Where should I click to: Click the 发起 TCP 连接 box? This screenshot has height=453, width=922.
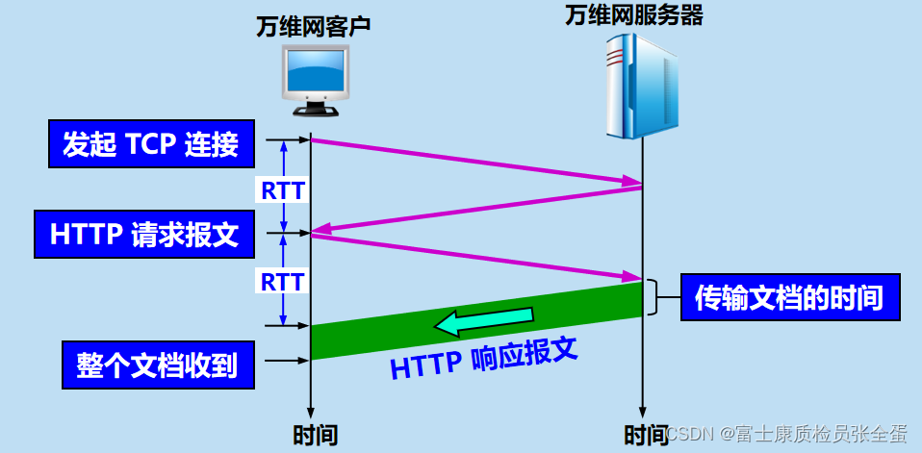[x=151, y=144]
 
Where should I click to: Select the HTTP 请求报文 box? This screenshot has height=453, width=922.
[x=144, y=235]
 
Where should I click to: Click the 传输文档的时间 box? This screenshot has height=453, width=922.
[x=789, y=298]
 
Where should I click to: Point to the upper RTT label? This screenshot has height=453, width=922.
[x=283, y=190]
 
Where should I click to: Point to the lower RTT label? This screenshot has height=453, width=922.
[x=283, y=282]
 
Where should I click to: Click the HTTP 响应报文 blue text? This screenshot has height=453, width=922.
[x=483, y=362]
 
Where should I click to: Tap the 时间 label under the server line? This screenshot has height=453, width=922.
[x=644, y=434]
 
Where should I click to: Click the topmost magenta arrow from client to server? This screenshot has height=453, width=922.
[x=476, y=161]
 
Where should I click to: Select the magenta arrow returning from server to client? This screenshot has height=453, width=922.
[x=476, y=209]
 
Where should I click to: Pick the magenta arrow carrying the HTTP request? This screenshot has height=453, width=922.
[x=476, y=258]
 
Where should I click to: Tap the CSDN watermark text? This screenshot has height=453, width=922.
[x=788, y=435]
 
